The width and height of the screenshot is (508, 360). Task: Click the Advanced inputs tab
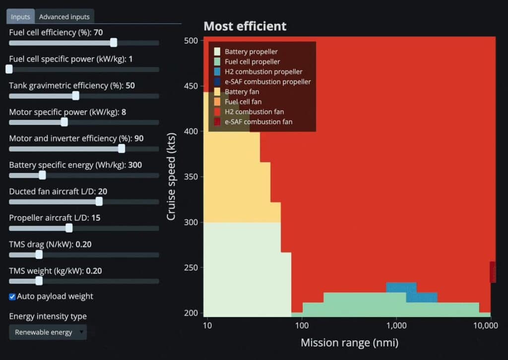coord(64,17)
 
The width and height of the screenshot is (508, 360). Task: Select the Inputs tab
coord(20,17)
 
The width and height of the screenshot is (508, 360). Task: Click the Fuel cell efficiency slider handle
coord(114,43)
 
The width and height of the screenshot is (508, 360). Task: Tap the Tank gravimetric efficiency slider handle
coord(75,96)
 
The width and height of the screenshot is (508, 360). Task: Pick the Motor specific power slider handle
coord(64,122)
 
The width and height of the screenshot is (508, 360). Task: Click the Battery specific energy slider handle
coord(42,175)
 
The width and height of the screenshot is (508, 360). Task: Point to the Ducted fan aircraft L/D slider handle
coord(99,201)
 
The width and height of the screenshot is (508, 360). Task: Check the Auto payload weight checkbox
coord(12,296)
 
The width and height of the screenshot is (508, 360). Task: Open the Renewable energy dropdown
coord(48,332)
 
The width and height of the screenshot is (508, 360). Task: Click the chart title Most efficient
coord(245,26)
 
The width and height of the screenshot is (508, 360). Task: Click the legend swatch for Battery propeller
coord(217,52)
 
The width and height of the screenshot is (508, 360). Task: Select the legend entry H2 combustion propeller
coord(263,72)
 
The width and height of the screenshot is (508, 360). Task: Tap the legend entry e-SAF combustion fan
coord(258,122)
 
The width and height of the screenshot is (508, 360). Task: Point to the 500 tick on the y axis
coord(190,41)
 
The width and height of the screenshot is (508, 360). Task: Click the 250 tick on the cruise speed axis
coord(190,268)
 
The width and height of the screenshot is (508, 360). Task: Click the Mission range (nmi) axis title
coord(349,343)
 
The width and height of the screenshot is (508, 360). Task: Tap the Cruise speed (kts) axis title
coord(172,176)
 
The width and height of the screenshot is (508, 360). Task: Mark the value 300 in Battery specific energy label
coord(135,165)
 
